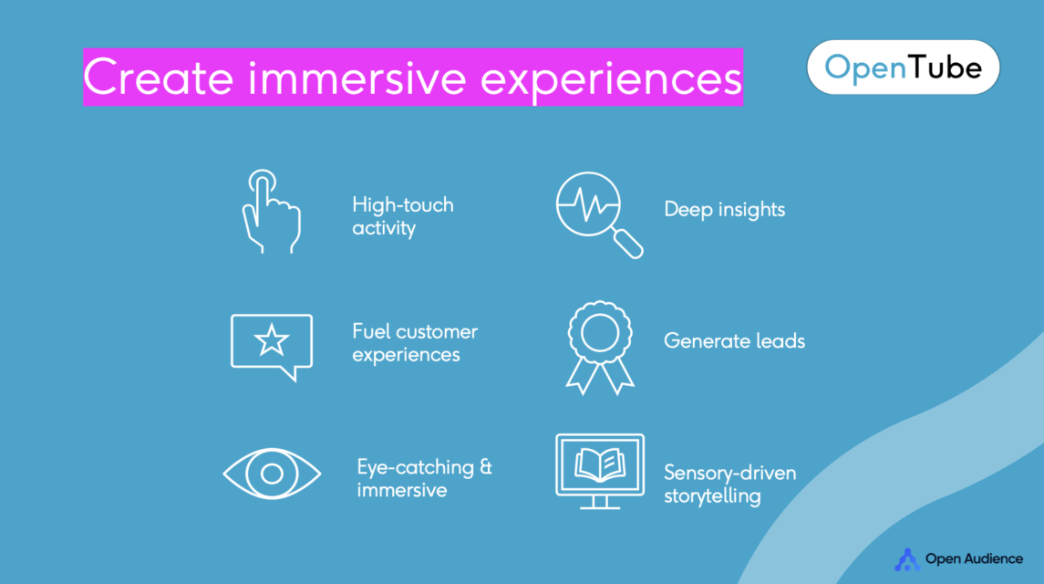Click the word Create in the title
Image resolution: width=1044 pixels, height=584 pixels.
159,78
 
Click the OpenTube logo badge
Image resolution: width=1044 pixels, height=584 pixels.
903,68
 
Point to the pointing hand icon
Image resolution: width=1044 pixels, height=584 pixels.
271,212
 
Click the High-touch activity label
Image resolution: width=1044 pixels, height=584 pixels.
403,216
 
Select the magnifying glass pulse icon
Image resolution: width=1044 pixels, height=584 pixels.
599,214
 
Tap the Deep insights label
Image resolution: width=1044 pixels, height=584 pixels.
724,209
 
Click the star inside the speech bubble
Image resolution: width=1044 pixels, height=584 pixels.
272,340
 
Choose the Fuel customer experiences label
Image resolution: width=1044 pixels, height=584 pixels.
415,343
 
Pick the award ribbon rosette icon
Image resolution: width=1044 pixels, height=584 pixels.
600,348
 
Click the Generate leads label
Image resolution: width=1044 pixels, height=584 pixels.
734,340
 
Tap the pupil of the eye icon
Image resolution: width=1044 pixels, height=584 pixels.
272,474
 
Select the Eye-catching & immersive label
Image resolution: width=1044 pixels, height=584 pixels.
424,478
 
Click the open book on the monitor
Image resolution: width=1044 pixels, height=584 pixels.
600,464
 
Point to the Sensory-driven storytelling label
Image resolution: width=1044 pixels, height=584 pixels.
729,484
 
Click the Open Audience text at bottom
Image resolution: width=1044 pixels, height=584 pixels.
974,558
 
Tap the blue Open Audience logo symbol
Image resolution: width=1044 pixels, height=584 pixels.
907,560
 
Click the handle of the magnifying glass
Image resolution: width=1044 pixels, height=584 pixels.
628,244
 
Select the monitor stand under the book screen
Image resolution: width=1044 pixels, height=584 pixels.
599,503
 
